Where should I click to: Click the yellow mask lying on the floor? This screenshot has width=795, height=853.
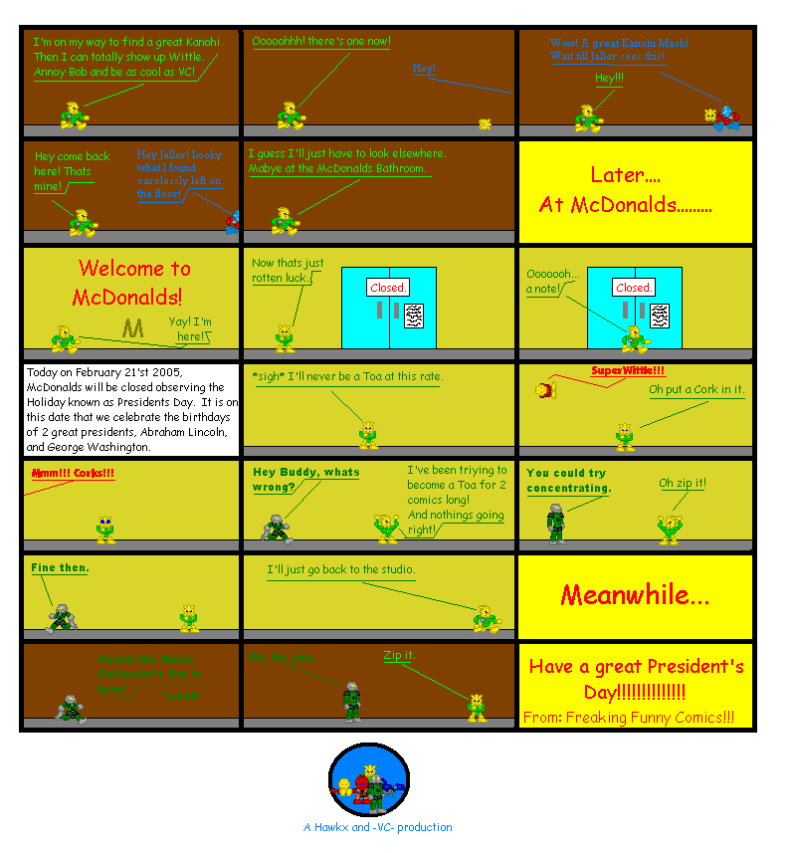(486, 123)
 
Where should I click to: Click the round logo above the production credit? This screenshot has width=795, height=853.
(369, 780)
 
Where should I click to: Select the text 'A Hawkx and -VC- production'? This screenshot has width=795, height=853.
(377, 827)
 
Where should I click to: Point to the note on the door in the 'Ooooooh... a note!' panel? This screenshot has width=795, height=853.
(661, 317)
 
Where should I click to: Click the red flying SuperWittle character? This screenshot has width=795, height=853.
(543, 389)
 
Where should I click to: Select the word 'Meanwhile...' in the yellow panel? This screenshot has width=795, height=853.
(635, 595)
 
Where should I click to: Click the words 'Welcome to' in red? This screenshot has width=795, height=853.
(134, 268)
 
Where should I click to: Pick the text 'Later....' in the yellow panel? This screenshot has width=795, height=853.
(625, 175)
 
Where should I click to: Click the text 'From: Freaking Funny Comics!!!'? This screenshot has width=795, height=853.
(629, 717)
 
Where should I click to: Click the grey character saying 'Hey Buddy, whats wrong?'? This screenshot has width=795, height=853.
(277, 528)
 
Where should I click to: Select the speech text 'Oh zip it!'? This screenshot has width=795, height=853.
(683, 484)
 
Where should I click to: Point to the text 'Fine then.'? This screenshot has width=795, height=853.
(60, 567)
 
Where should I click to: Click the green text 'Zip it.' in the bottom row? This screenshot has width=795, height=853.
(399, 655)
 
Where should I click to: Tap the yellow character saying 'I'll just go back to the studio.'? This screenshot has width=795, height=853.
(487, 618)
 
